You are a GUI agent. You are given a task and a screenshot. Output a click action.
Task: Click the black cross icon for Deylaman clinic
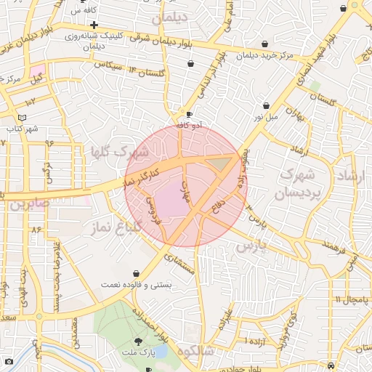[94, 25]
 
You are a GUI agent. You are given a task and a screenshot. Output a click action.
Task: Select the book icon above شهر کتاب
[21, 117]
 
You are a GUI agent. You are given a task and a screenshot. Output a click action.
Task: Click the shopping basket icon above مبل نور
[266, 105]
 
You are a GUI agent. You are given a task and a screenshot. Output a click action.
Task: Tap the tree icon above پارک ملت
[138, 341]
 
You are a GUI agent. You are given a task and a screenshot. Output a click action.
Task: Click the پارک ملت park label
[138, 352]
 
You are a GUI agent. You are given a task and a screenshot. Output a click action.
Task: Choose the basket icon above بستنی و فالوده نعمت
[137, 273]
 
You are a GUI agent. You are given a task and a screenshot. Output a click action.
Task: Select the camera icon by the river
[9, 361]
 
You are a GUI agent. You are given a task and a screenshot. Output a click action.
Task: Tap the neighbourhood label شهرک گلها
[126, 153]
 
